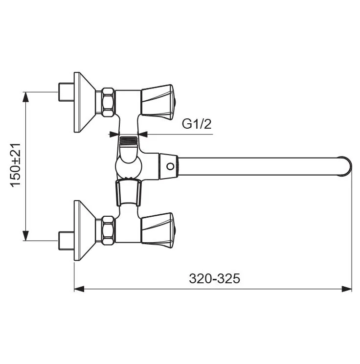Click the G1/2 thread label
(x=197, y=124)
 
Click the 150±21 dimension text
(x=15, y=165)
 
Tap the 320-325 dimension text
(x=214, y=278)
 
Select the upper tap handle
(x=158, y=102)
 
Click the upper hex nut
(x=108, y=102)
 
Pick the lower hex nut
(x=108, y=230)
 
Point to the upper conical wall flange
(x=85, y=102)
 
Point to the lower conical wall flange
(x=85, y=230)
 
